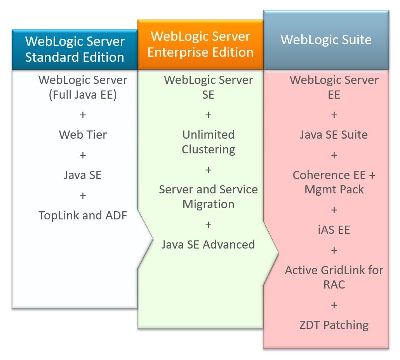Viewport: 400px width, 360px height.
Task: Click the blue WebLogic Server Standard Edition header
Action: (75, 49)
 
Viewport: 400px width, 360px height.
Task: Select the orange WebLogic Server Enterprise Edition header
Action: (200, 44)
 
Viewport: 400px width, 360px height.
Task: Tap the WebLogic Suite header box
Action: (326, 40)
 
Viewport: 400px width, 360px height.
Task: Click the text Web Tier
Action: (83, 135)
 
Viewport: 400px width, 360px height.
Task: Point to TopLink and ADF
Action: (83, 216)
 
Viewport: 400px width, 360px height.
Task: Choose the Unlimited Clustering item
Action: (209, 142)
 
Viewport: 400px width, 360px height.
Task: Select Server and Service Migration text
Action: (209, 197)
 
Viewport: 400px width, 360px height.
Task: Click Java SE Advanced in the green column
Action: (209, 244)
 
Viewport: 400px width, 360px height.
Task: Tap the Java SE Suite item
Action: (334, 135)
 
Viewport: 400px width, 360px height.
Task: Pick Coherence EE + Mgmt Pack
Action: (334, 182)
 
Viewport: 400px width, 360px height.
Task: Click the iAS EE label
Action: (334, 230)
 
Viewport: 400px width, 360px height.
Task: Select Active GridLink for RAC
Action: (334, 277)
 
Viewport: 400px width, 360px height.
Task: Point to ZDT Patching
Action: (334, 325)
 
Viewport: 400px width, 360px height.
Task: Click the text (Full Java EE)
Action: (83, 95)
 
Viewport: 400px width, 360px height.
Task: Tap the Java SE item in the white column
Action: (83, 175)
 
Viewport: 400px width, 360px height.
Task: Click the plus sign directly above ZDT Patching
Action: (334, 305)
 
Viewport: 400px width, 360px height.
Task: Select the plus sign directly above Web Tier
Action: (83, 115)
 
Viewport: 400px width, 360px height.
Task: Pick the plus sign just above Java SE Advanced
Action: (209, 225)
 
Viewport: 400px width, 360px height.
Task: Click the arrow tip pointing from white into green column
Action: (152, 241)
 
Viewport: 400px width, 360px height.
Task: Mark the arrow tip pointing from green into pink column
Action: (278, 252)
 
